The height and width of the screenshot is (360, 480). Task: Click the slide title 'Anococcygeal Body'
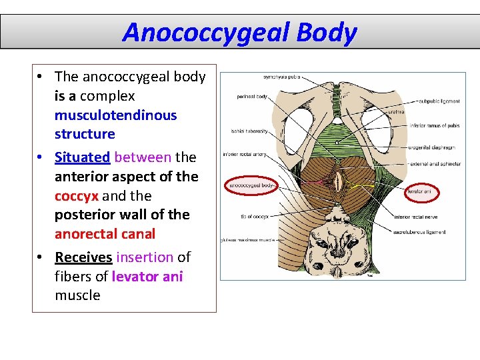click(239, 32)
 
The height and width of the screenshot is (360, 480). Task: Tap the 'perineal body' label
click(251, 97)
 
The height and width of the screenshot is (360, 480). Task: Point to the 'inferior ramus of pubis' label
click(435, 125)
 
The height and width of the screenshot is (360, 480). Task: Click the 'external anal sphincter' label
click(436, 163)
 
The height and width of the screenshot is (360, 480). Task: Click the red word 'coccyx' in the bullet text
click(76, 196)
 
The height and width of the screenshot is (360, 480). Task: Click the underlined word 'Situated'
click(82, 157)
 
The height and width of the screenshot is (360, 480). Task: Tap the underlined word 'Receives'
click(83, 257)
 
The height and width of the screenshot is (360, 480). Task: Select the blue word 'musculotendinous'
click(115, 115)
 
